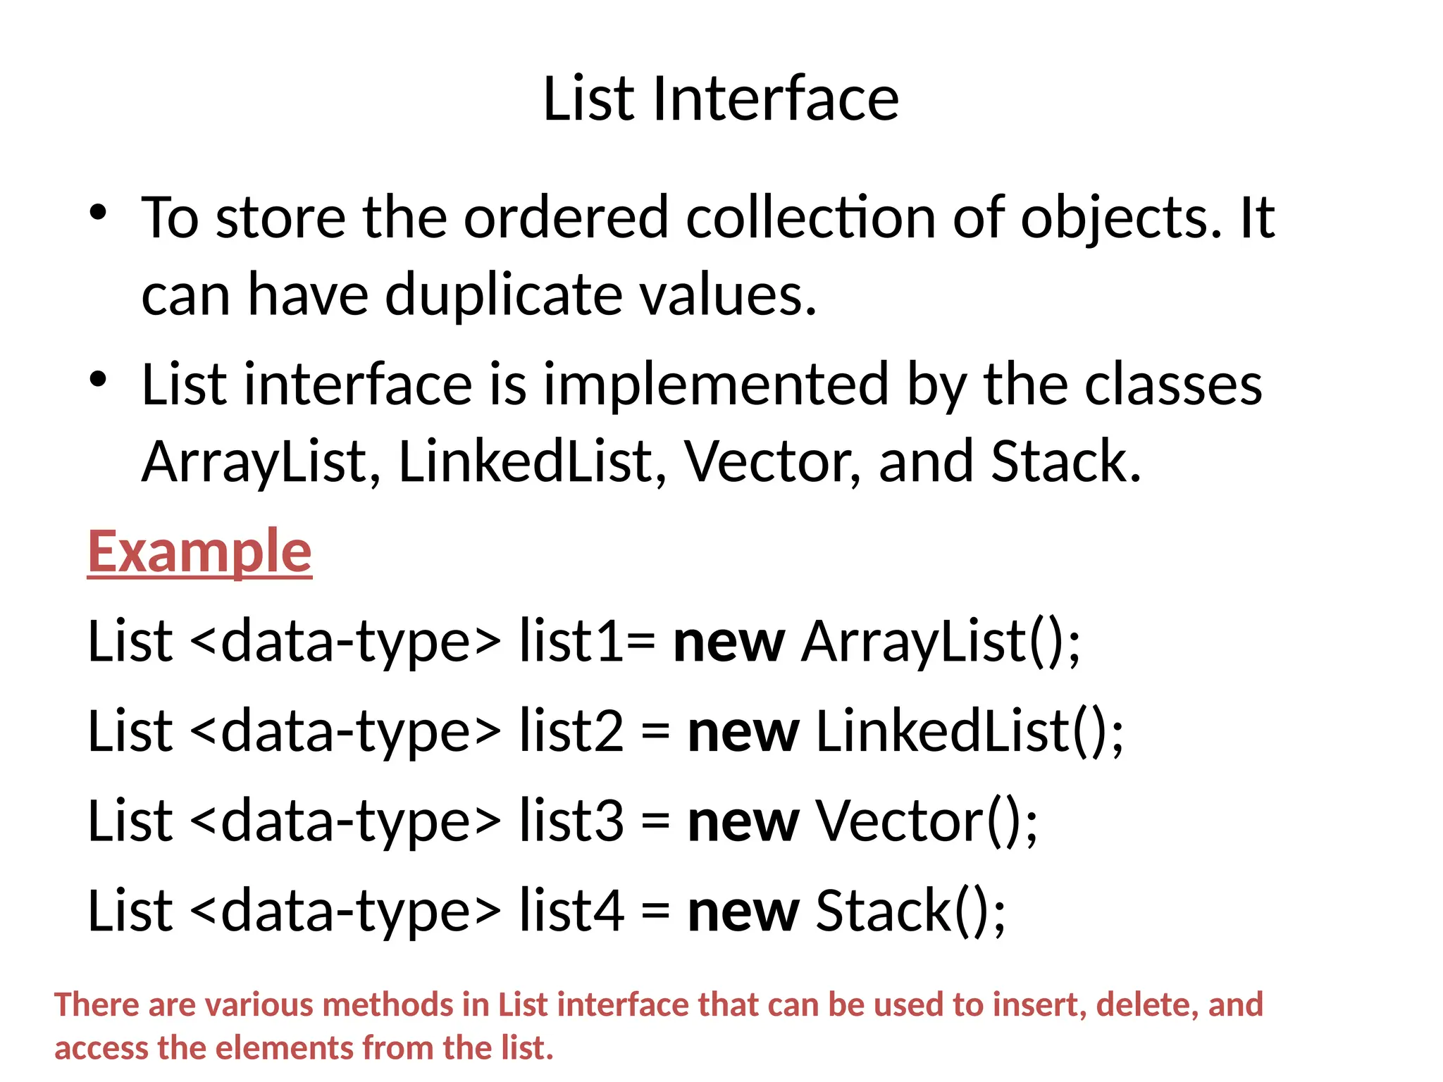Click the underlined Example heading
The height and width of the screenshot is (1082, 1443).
(x=199, y=552)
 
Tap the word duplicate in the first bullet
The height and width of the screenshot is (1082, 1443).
(x=503, y=294)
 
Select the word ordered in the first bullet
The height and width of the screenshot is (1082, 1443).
(x=566, y=217)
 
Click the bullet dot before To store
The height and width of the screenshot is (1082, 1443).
(x=98, y=212)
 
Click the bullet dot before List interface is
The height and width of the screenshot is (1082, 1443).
(x=98, y=379)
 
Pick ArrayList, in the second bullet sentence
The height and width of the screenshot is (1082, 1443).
(x=261, y=462)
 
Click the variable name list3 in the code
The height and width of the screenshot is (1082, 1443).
(x=571, y=821)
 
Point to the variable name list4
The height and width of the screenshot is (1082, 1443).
(x=571, y=911)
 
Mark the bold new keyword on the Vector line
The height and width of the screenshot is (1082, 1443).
(x=743, y=821)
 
